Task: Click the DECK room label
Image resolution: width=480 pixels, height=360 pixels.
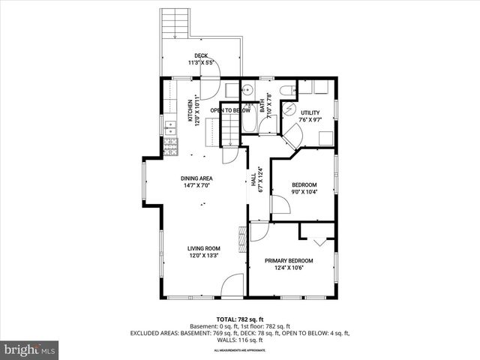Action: pyautogui.click(x=200, y=55)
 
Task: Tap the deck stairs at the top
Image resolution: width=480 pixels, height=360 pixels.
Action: pyautogui.click(x=175, y=22)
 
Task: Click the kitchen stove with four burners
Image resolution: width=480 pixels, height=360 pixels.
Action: pyautogui.click(x=170, y=149)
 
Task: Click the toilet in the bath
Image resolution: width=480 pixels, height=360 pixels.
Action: pyautogui.click(x=286, y=91)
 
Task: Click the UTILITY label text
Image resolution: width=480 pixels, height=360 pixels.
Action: pyautogui.click(x=310, y=112)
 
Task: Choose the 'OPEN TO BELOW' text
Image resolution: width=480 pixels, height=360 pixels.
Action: pyautogui.click(x=229, y=110)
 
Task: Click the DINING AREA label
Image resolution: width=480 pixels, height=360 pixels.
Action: pyautogui.click(x=196, y=178)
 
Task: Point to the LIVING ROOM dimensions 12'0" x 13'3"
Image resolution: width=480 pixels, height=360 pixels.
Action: pyautogui.click(x=203, y=256)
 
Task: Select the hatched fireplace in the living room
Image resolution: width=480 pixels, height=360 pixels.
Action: pyautogui.click(x=241, y=241)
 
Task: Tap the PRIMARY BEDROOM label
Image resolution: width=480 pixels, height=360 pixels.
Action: pyautogui.click(x=289, y=260)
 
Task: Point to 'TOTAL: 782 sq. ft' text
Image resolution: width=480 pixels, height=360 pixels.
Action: pyautogui.click(x=239, y=319)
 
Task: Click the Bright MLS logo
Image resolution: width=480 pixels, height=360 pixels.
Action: pyautogui.click(x=30, y=349)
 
